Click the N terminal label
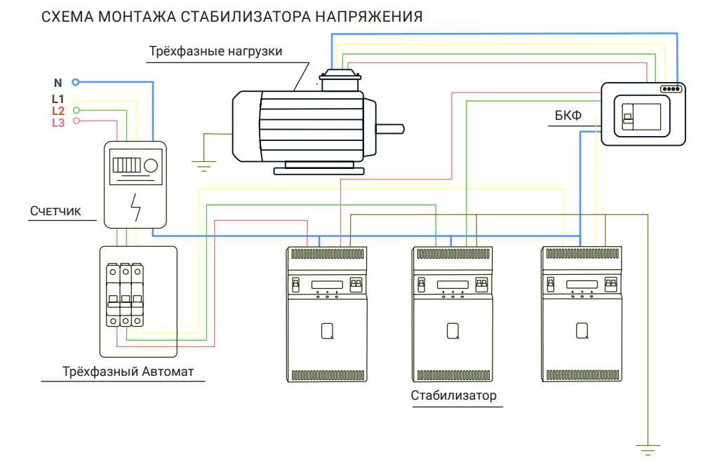click(x=58, y=83)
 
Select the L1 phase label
click(x=58, y=100)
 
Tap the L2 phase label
click(x=58, y=111)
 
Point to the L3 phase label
click(x=58, y=123)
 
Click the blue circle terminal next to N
click(x=76, y=82)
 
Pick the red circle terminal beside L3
click(x=76, y=121)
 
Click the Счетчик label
click(x=56, y=211)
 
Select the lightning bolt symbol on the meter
click(x=135, y=206)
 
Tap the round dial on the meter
click(x=151, y=166)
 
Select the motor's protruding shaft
click(x=389, y=128)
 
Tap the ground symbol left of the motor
click(x=203, y=165)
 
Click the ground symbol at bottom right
click(x=645, y=449)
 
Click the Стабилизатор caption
click(x=453, y=395)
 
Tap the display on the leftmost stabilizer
click(x=327, y=284)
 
